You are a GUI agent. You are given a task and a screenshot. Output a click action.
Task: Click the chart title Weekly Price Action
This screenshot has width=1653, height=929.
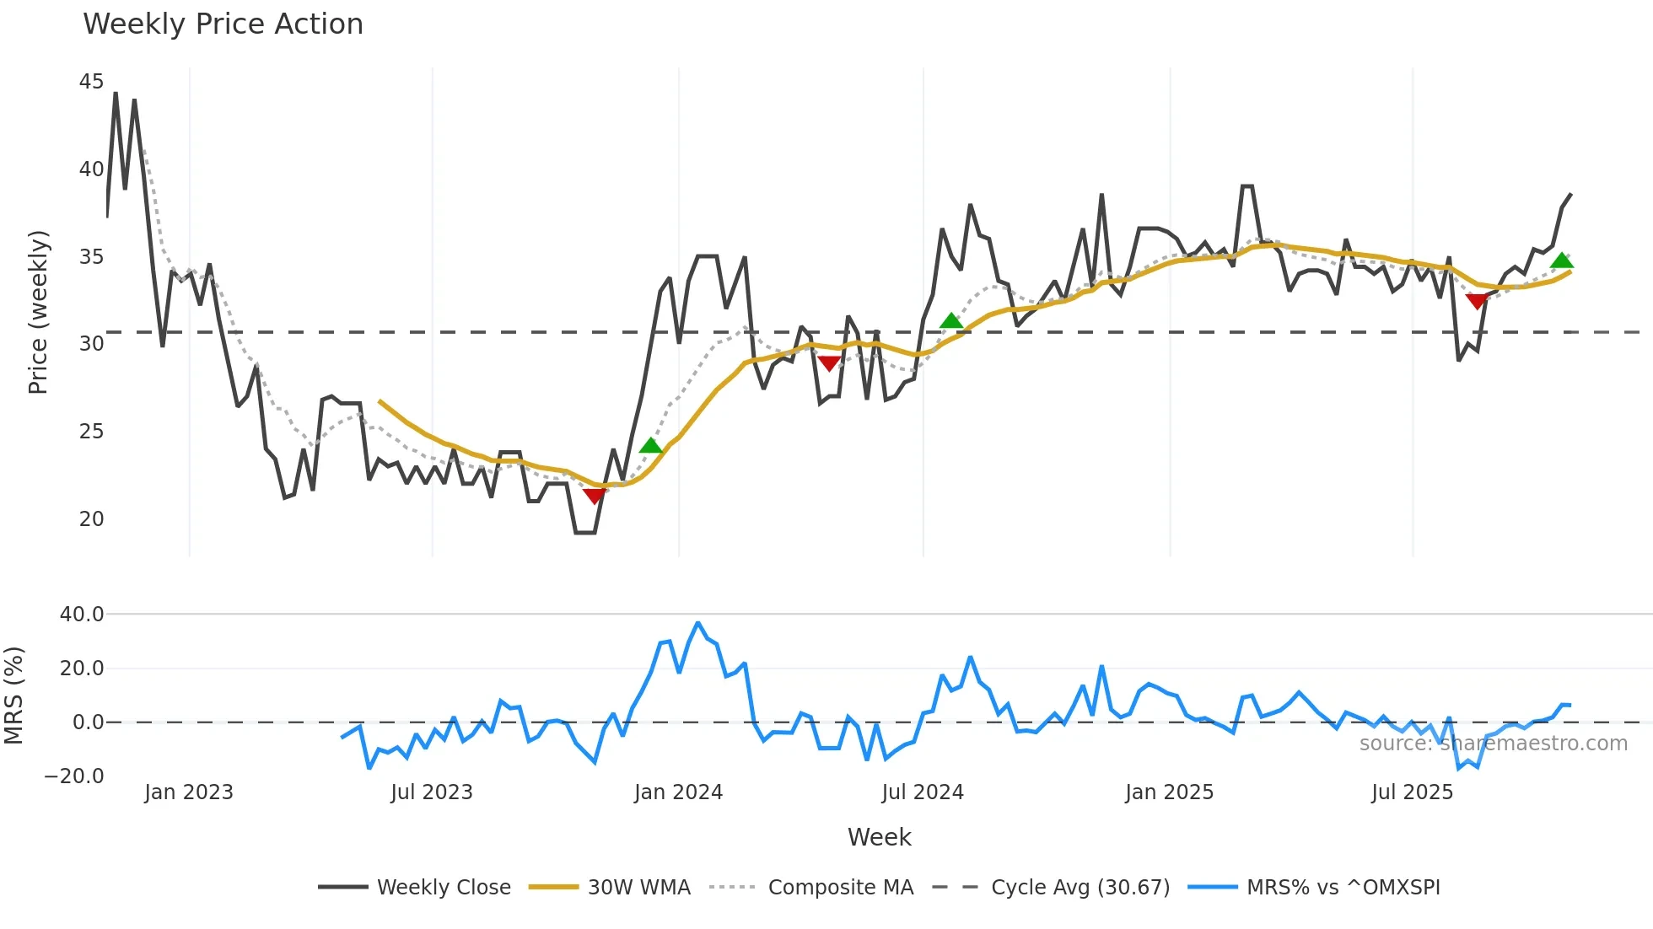(x=223, y=24)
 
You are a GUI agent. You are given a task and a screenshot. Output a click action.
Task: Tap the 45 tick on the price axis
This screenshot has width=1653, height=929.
(x=91, y=82)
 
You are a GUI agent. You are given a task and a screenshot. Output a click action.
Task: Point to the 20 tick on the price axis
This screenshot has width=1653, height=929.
(x=91, y=518)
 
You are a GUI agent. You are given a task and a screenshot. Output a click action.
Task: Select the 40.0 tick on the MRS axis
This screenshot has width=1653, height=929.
(x=82, y=615)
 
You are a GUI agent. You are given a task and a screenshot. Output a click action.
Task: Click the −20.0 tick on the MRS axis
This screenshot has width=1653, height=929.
(x=74, y=776)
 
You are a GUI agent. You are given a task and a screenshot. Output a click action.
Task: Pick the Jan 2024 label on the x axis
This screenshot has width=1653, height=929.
(x=678, y=792)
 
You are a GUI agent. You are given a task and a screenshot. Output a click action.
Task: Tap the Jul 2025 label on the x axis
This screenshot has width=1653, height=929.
(x=1412, y=792)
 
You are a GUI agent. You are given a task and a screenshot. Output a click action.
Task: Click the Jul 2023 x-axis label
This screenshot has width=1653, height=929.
(x=431, y=792)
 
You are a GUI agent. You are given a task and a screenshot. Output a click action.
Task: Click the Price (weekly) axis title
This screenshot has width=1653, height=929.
(x=39, y=312)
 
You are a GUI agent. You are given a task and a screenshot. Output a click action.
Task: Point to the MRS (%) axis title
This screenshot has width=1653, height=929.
(x=14, y=695)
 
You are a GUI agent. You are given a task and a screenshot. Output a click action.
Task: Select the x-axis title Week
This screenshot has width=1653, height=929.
(x=879, y=837)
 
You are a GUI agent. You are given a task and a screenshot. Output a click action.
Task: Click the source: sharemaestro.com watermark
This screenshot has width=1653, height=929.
(x=1493, y=744)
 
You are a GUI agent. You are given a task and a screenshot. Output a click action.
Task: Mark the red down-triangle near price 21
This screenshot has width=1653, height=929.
(x=595, y=496)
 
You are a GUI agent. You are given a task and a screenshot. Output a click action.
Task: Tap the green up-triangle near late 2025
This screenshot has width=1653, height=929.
(x=1561, y=260)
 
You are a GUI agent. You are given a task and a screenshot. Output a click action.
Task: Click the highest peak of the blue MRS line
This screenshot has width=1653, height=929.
(x=697, y=623)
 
